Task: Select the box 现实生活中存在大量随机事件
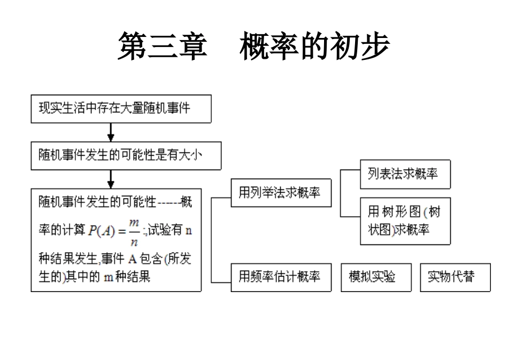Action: (x=121, y=109)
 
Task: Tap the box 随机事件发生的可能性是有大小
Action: (x=126, y=156)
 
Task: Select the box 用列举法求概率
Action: (x=281, y=193)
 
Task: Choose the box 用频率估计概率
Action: (x=281, y=277)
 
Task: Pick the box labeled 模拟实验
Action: (x=376, y=277)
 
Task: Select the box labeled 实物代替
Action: (x=455, y=277)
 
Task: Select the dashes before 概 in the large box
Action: (x=169, y=203)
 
